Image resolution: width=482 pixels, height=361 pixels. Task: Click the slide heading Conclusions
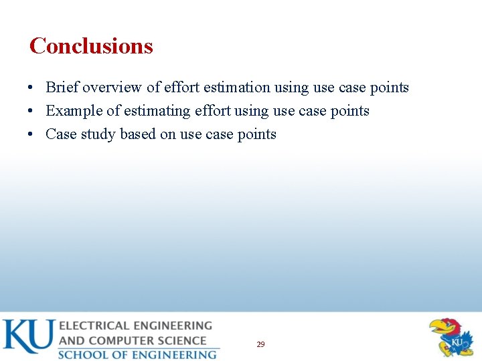pyautogui.click(x=91, y=46)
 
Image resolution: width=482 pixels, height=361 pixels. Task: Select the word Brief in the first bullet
pyautogui.click(x=62, y=88)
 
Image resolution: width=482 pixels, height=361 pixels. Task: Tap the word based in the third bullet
pyautogui.click(x=138, y=134)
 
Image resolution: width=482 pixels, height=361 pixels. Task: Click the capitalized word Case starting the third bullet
pyautogui.click(x=61, y=134)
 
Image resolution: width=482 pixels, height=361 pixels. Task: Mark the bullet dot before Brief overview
pyautogui.click(x=31, y=88)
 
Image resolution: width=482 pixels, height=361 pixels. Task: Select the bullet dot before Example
pyautogui.click(x=31, y=112)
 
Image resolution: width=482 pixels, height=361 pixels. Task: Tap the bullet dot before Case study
pyautogui.click(x=31, y=135)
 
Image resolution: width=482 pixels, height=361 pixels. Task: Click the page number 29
pyautogui.click(x=260, y=344)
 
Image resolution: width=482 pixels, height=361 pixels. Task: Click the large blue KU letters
pyautogui.click(x=27, y=336)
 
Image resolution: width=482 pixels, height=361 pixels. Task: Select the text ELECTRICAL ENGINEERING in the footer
pyautogui.click(x=135, y=326)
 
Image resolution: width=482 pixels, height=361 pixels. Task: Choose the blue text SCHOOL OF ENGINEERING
pyautogui.click(x=137, y=354)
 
